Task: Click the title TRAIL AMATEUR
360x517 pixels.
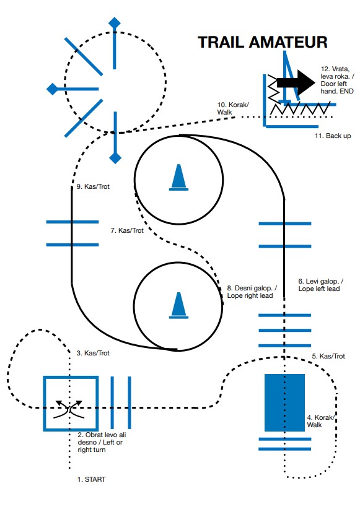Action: pos(262,43)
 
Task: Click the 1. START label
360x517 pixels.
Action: pos(92,479)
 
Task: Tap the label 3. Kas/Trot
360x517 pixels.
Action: pos(93,353)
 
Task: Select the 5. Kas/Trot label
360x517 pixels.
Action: pos(328,356)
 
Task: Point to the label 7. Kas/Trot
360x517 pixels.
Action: pos(127,230)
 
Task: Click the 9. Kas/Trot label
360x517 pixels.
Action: pos(93,186)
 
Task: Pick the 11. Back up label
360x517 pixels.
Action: pos(333,136)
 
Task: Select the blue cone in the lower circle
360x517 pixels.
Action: pos(178,305)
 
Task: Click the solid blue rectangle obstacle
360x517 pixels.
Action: pos(284,402)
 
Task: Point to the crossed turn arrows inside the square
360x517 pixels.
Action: pos(69,409)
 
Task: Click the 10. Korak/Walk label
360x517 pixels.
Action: pos(233,108)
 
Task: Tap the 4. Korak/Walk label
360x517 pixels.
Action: pos(321,422)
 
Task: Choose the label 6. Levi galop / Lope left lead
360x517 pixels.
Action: pos(321,285)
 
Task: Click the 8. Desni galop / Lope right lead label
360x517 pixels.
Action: pos(252,292)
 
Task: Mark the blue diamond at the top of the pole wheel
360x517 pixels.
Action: pos(115,22)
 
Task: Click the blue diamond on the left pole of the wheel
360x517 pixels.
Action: pos(53,89)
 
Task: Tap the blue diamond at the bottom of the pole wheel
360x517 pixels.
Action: pos(115,158)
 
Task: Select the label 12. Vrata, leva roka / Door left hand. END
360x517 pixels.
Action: pos(337,80)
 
